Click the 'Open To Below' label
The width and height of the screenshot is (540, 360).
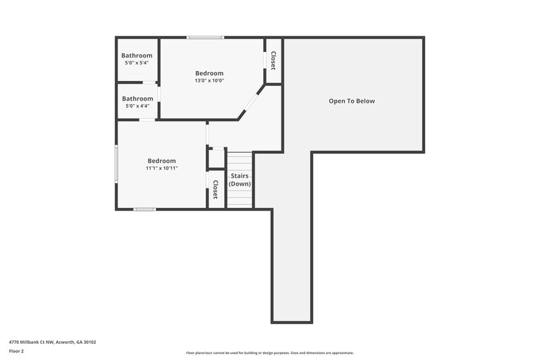(x=352, y=101)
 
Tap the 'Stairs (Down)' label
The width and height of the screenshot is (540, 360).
(x=240, y=180)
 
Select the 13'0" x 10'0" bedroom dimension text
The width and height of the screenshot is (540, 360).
(x=209, y=80)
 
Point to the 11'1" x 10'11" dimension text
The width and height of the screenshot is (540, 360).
(x=162, y=168)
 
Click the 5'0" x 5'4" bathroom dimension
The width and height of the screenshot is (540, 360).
(x=137, y=63)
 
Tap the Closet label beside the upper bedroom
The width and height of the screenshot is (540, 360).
(x=273, y=61)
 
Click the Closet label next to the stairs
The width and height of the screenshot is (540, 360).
(x=215, y=189)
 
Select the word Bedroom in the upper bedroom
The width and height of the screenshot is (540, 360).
(x=209, y=73)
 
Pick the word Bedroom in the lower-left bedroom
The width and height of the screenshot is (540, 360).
(x=162, y=161)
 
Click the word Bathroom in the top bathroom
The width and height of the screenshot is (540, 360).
(x=137, y=55)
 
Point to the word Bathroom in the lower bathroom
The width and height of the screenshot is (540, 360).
(x=138, y=99)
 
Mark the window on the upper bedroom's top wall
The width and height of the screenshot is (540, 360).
(x=205, y=37)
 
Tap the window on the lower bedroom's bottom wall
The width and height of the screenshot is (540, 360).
(x=144, y=209)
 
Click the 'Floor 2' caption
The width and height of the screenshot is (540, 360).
(x=17, y=351)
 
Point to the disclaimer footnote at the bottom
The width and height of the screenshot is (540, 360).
(x=269, y=353)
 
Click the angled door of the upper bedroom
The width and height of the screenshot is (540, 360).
(x=250, y=103)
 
